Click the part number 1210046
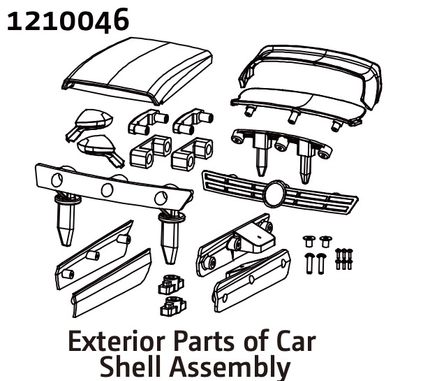[68, 20]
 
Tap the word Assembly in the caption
[230, 366]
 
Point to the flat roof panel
[138, 71]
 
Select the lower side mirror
[101, 150]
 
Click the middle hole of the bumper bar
[107, 190]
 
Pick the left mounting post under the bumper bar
[66, 220]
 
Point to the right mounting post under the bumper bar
[170, 237]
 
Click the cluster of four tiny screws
[344, 259]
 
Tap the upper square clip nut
[171, 285]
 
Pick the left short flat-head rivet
[309, 241]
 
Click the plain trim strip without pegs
[112, 283]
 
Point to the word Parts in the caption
[205, 342]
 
